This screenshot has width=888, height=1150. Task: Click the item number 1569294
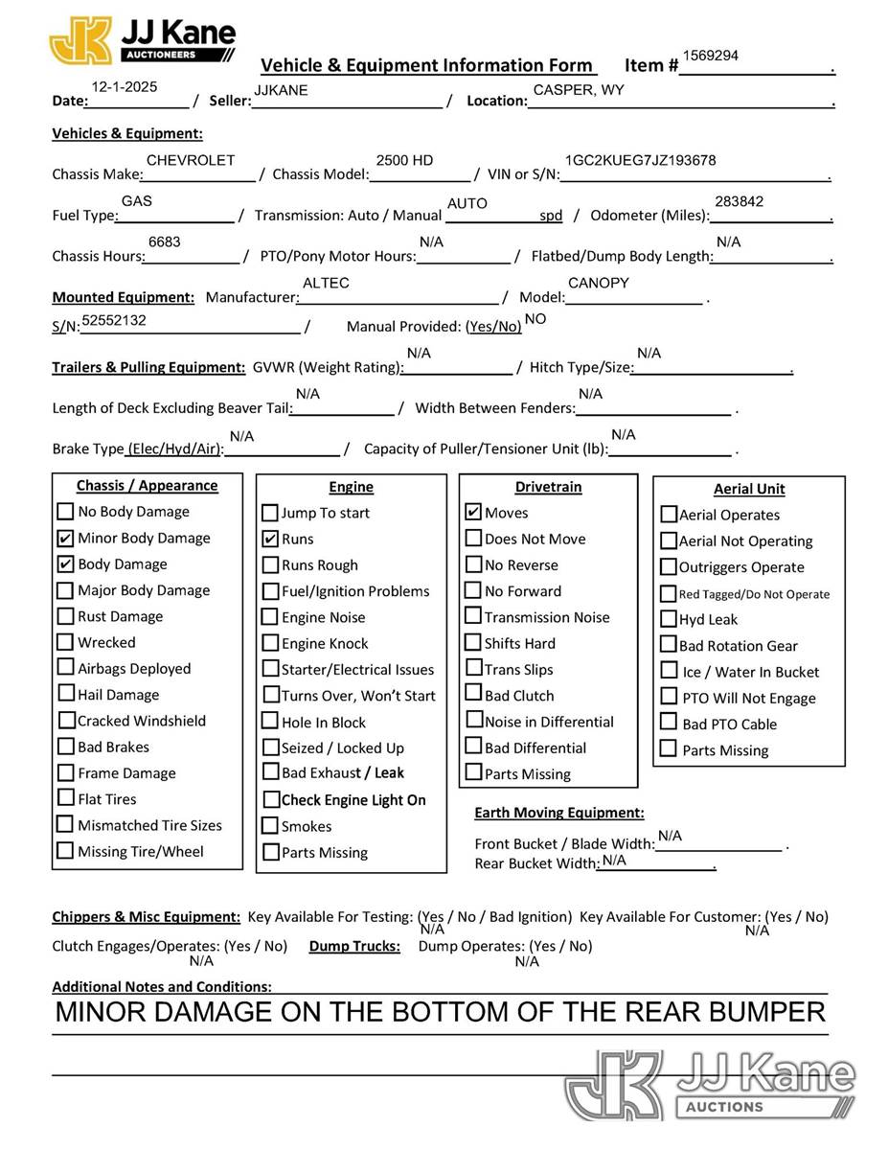pyautogui.click(x=710, y=56)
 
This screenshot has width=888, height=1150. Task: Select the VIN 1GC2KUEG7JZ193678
pyautogui.click(x=640, y=160)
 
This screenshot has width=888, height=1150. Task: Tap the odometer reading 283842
pyautogui.click(x=739, y=201)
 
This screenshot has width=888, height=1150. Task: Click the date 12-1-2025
pyautogui.click(x=125, y=86)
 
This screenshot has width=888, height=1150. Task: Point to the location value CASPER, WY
pyautogui.click(x=579, y=90)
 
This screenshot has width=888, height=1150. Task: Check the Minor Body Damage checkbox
pyautogui.click(x=65, y=538)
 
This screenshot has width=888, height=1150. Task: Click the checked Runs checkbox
pyautogui.click(x=270, y=540)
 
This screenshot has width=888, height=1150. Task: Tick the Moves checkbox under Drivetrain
pyautogui.click(x=473, y=513)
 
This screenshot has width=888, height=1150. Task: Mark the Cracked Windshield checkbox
pyautogui.click(x=66, y=720)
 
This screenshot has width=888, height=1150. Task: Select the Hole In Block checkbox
pyautogui.click(x=270, y=722)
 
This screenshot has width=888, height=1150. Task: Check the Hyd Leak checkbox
pyautogui.click(x=669, y=619)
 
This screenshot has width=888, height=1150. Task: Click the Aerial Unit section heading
pyautogui.click(x=749, y=489)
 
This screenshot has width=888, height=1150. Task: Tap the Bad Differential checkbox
pyautogui.click(x=473, y=747)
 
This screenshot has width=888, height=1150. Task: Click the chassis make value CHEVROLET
pyautogui.click(x=191, y=160)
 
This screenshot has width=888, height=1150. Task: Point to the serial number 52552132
pyautogui.click(x=114, y=320)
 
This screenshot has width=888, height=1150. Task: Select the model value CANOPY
pyautogui.click(x=599, y=283)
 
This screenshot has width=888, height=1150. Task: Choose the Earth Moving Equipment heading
pyautogui.click(x=559, y=813)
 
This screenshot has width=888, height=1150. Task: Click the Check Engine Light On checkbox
pyautogui.click(x=270, y=799)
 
